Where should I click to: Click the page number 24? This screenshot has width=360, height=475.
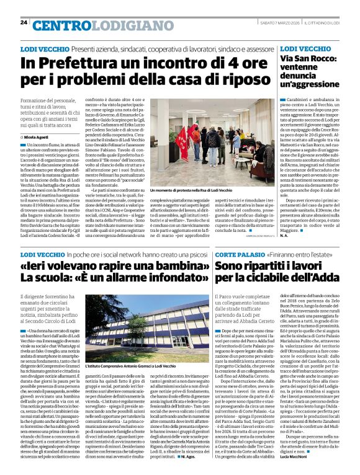pyautogui.click(x=24, y=23)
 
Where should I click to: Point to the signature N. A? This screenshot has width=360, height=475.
pyautogui.click(x=286, y=236)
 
